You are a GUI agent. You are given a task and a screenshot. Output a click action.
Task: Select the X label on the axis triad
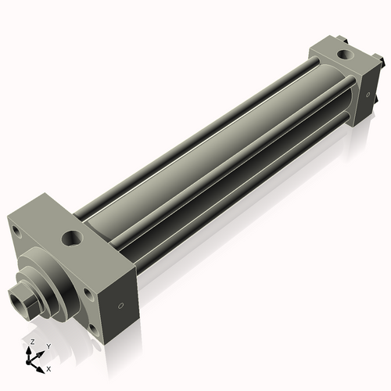point(48,368)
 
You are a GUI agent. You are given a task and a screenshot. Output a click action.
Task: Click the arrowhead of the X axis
point(41,366)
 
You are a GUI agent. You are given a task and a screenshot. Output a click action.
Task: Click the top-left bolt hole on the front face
point(15,229)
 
